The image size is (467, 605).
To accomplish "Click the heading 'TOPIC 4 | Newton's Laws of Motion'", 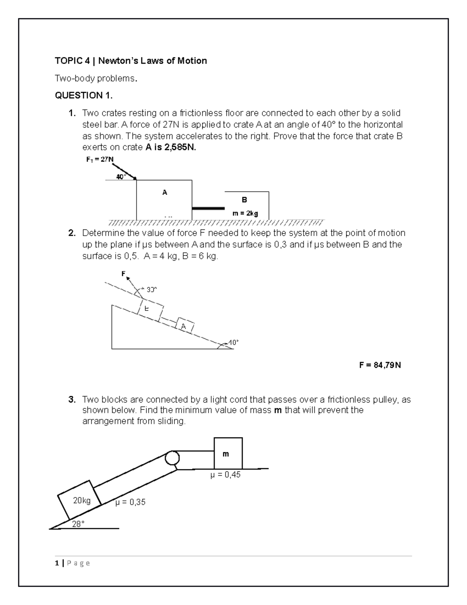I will [x=131, y=61].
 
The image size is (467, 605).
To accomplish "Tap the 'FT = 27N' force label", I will [x=100, y=159].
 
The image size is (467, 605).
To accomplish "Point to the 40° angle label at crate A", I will [x=121, y=177].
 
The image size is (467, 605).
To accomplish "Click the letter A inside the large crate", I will [x=165, y=192].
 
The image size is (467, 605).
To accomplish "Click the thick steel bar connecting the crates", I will [x=208, y=208].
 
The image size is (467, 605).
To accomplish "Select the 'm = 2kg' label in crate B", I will [x=245, y=213].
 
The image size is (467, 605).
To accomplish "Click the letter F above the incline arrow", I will [x=123, y=273].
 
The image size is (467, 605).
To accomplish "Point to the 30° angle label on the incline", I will [x=151, y=289].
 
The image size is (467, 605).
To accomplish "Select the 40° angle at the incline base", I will [x=233, y=342].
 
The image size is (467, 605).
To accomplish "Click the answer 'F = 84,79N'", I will [x=380, y=365].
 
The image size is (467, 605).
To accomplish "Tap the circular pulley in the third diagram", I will [x=172, y=457].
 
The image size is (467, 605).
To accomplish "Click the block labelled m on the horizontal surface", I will [x=228, y=453].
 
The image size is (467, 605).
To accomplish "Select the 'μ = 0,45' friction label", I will [x=225, y=475].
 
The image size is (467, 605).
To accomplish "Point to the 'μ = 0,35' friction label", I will [x=130, y=502].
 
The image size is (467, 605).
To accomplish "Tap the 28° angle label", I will [x=78, y=524].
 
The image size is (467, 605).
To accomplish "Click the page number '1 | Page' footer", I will [x=72, y=563].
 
